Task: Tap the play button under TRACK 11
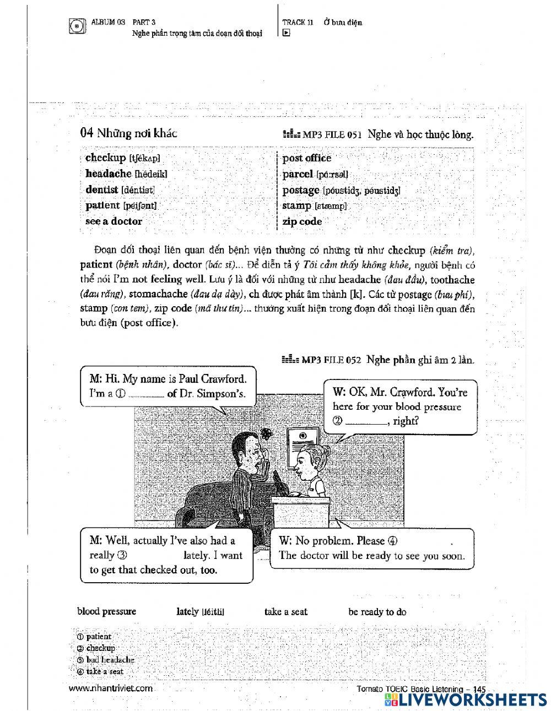286,33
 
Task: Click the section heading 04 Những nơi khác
128,133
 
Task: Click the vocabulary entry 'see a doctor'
114,221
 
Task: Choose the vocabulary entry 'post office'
307,158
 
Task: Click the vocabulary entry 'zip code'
302,221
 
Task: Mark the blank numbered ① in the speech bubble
147,394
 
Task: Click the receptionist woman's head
309,462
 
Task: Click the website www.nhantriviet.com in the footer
111,688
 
